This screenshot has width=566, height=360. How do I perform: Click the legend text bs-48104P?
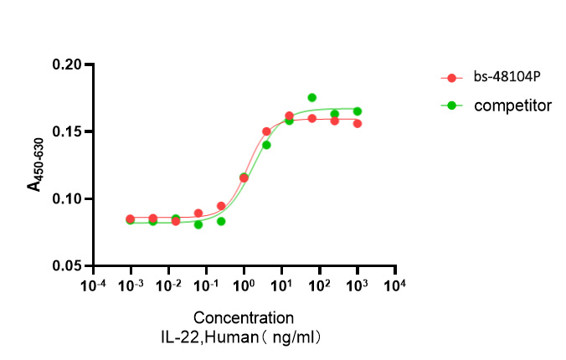506,77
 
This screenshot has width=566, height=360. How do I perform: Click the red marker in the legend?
452,78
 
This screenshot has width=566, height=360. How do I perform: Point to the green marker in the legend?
452,105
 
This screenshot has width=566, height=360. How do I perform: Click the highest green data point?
311,98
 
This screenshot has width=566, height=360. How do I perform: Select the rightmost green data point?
358,111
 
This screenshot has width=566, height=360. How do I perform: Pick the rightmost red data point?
358,124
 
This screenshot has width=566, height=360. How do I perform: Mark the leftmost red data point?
130,219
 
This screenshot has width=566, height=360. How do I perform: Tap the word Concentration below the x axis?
244,318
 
